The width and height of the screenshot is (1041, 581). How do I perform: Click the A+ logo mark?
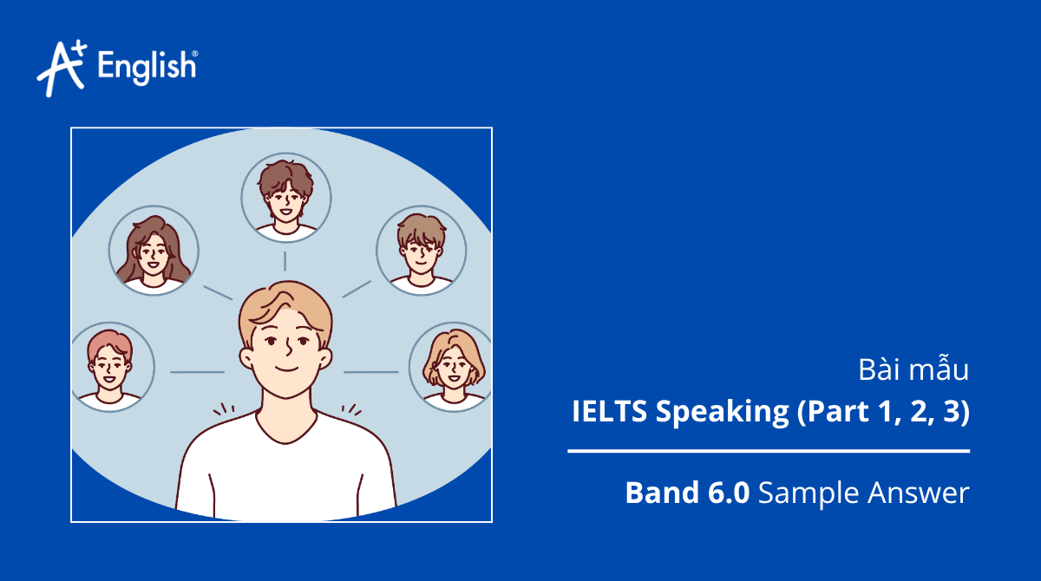tap(61, 67)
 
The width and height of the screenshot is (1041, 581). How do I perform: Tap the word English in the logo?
tap(147, 67)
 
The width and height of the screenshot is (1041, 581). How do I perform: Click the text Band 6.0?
tap(688, 493)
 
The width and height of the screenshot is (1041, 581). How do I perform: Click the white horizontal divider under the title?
tap(769, 451)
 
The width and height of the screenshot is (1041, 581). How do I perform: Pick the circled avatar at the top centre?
tap(285, 197)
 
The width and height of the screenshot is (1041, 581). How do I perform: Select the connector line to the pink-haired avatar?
tap(197, 372)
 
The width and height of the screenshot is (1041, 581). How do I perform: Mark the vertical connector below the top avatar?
tap(285, 261)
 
